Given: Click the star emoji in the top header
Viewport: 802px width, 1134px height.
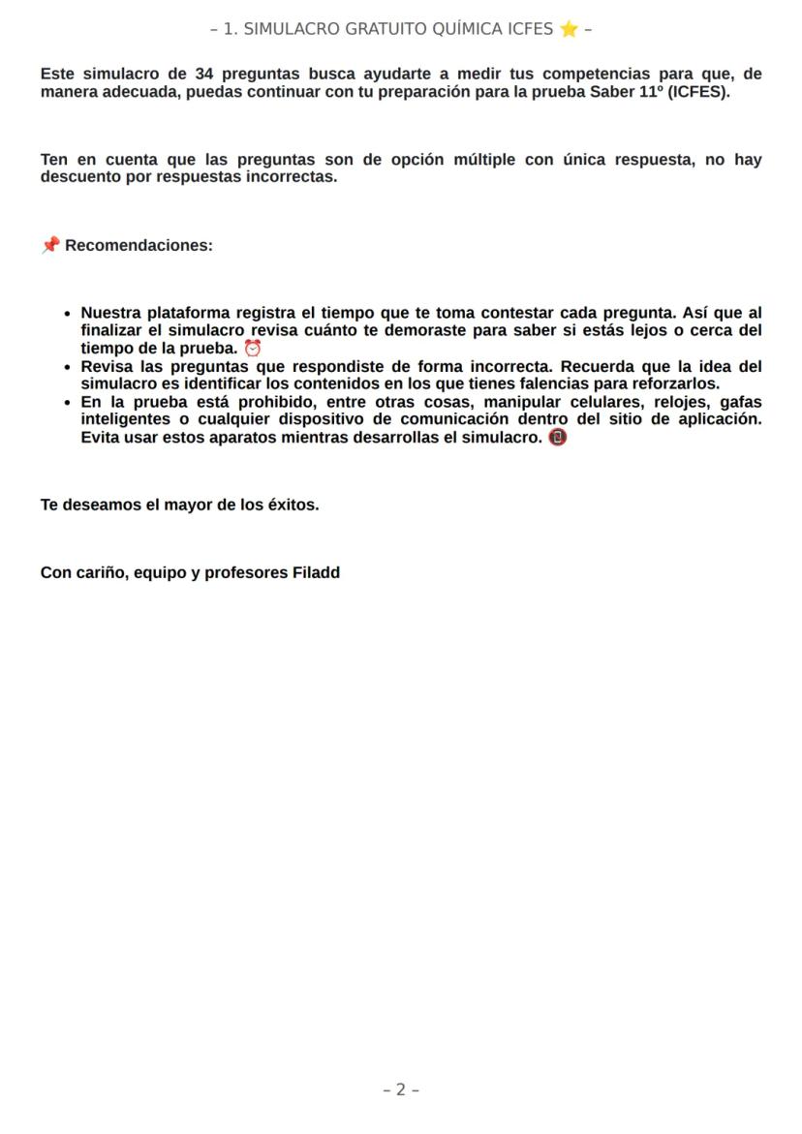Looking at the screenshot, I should click(568, 29).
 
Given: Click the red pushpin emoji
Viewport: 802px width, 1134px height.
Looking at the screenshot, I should click(49, 245).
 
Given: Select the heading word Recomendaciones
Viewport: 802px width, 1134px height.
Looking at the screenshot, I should click(139, 245).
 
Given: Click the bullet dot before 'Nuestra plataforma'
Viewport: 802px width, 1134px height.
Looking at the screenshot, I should click(66, 314).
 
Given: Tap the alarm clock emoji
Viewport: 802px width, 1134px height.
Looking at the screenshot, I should click(253, 348).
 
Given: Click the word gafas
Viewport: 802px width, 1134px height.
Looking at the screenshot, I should click(740, 402).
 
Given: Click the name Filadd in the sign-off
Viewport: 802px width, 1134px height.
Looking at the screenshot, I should click(316, 572).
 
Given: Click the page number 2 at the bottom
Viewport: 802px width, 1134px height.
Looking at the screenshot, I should click(401, 1089).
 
